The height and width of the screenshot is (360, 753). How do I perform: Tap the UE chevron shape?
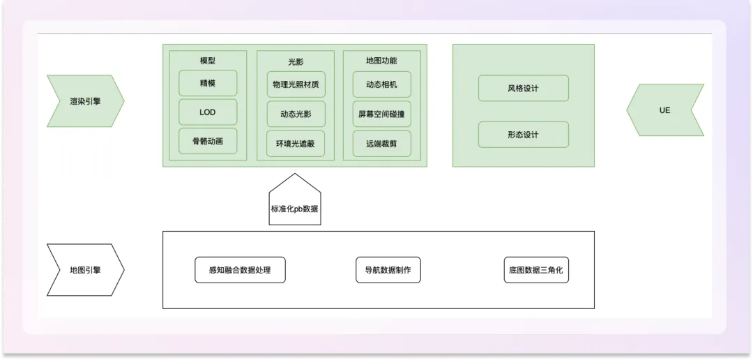click(x=664, y=110)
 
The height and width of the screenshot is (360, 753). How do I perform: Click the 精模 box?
click(x=208, y=83)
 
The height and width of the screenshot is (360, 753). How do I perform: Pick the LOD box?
click(x=208, y=112)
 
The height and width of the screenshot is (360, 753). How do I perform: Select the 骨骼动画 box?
click(x=208, y=141)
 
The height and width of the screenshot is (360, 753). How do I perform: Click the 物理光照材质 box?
click(x=296, y=84)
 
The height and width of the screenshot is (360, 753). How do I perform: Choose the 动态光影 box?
click(x=296, y=114)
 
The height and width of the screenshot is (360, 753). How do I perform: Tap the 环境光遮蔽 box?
click(x=296, y=144)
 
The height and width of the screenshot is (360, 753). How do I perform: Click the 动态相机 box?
click(x=381, y=84)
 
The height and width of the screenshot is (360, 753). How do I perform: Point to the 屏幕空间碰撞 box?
click(x=381, y=114)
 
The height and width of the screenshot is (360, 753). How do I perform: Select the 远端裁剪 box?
click(x=381, y=144)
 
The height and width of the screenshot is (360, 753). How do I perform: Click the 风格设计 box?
click(x=523, y=89)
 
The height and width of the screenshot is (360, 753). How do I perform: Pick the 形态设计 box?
click(x=523, y=135)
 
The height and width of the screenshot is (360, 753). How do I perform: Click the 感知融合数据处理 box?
click(x=240, y=270)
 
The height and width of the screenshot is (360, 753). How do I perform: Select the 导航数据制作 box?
click(x=388, y=270)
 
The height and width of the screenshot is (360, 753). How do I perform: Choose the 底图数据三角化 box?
click(x=536, y=270)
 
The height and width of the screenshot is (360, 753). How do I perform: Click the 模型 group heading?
click(x=208, y=61)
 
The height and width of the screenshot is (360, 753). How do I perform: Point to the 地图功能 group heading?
click(x=381, y=61)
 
